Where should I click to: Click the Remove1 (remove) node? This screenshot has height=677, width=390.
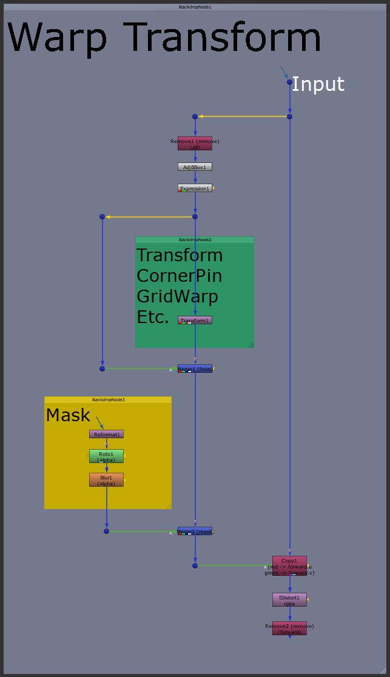[195, 143]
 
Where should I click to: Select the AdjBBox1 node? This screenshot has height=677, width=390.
[195, 167]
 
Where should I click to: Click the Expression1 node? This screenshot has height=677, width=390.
[195, 188]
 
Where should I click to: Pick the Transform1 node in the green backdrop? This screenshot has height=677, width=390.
[195, 320]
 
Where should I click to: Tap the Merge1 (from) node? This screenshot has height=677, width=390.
[195, 369]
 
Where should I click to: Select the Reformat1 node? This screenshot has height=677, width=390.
[106, 434]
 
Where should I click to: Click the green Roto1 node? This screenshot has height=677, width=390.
[106, 456]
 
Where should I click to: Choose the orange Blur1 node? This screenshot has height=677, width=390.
[106, 479]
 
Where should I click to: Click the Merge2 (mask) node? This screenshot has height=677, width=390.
[195, 531]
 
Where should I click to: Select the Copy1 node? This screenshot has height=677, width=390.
[289, 565]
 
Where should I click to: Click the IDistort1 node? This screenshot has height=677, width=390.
[289, 599]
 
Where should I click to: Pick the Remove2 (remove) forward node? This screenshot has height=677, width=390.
[289, 628]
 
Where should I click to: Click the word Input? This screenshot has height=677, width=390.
[318, 84]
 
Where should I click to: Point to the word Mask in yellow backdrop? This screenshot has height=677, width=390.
[68, 415]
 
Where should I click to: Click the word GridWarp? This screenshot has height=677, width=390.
[177, 296]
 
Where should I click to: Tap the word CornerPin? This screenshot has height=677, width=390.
[179, 276]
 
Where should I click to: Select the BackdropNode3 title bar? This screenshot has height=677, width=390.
[108, 399]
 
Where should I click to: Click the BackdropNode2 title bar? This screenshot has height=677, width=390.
[194, 239]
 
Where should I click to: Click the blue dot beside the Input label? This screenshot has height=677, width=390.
[289, 82]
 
